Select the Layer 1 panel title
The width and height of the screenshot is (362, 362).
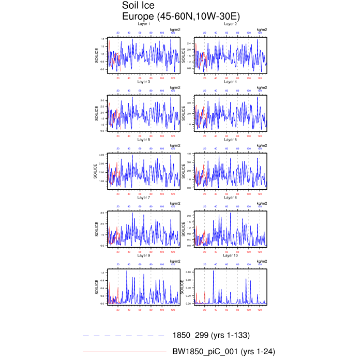144,24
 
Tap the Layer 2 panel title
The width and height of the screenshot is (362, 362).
231,24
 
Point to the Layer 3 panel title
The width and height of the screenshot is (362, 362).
144,82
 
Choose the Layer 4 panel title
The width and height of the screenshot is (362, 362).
231,82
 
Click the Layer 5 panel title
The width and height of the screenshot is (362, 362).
144,140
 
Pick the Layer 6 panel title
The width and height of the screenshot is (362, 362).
231,140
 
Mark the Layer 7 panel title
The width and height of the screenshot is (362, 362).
144,198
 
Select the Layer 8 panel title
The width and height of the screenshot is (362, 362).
231,198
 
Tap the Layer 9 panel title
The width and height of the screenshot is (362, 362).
144,255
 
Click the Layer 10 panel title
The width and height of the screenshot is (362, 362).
231,255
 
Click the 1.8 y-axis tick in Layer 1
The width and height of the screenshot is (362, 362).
103,39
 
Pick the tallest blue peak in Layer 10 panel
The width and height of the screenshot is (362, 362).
214,270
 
